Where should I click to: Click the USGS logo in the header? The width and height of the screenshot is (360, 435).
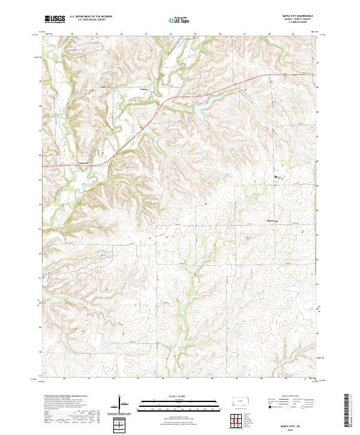(55, 20)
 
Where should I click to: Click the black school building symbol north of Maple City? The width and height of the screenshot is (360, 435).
(276, 177)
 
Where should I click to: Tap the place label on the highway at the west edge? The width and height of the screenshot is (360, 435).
(83, 161)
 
